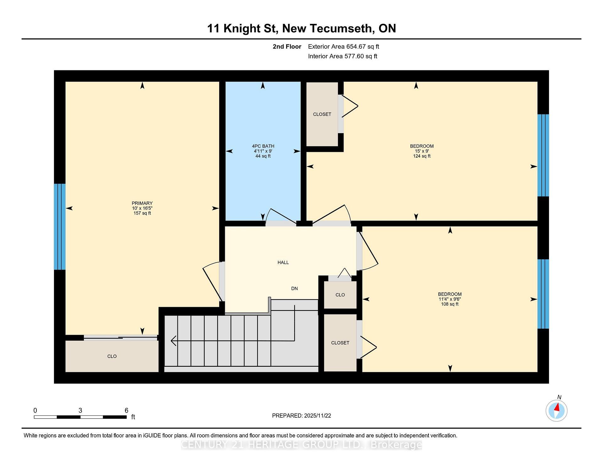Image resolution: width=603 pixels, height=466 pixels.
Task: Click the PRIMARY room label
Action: (142, 203)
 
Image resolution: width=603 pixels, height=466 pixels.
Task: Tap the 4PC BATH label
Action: (263, 146)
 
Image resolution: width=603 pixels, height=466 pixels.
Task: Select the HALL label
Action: (283, 263)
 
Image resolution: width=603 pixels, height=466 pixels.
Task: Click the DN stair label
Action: (294, 289)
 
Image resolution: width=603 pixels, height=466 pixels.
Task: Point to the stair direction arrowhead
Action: (173, 341)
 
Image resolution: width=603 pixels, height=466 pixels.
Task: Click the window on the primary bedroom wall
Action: (60, 227)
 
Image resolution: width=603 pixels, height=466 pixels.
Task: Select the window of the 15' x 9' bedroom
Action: (543, 155)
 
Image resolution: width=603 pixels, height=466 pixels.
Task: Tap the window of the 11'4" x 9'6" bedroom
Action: (543, 294)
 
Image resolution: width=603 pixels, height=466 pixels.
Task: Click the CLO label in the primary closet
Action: (112, 356)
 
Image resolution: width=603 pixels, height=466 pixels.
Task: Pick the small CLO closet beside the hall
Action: (340, 295)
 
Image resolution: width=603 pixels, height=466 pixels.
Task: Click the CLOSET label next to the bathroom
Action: (322, 114)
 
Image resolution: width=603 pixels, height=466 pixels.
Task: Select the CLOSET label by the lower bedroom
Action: (340, 343)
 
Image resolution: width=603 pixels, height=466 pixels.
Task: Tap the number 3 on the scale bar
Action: (80, 410)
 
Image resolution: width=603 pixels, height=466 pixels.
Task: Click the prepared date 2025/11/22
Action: (317, 416)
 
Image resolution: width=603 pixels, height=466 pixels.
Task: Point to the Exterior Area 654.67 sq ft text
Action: (343, 46)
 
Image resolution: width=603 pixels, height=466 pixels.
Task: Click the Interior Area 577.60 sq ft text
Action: (342, 56)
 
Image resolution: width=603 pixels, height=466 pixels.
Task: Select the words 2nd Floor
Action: (287, 46)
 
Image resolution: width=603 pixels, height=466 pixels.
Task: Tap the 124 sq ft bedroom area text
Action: (421, 156)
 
